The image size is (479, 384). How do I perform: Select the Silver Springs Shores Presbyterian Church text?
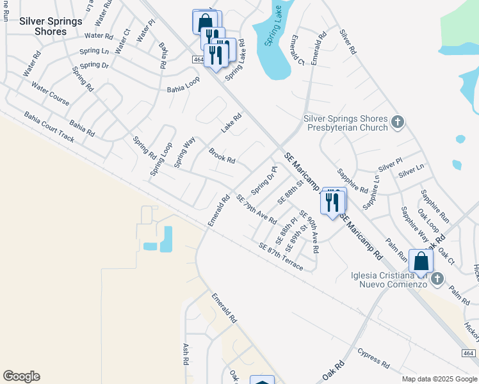(346, 123)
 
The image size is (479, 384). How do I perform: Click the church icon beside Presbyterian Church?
(398, 121)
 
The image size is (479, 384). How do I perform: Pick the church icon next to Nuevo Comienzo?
(437, 278)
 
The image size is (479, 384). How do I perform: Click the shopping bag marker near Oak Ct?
(421, 261)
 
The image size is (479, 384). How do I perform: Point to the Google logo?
(21, 376)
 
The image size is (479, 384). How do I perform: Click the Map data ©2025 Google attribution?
(439, 379)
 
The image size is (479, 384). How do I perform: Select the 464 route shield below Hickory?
(469, 353)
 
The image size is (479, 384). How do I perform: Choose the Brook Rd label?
(222, 156)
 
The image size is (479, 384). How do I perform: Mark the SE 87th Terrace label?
(281, 256)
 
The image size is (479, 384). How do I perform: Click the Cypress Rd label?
(374, 358)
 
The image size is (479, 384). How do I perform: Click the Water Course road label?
(51, 94)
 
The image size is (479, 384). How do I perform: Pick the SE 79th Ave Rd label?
(256, 210)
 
